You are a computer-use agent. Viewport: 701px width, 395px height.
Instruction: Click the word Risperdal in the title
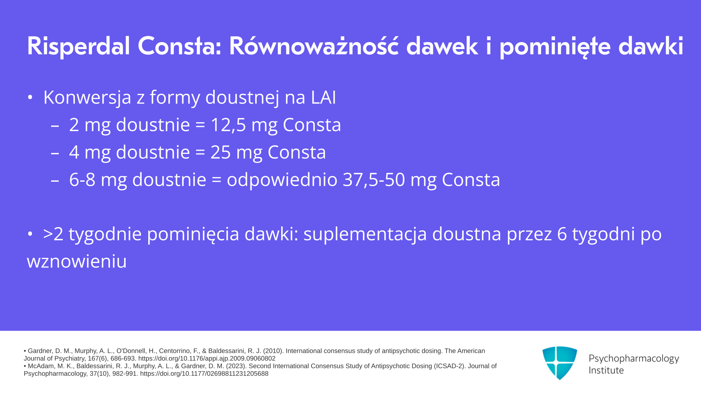click(78, 46)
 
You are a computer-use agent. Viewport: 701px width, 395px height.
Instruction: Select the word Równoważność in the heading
click(314, 46)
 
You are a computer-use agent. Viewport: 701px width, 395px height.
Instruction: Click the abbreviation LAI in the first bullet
click(323, 97)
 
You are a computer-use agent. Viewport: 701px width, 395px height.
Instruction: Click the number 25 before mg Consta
click(221, 152)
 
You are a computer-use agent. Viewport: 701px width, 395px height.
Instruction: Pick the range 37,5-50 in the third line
click(374, 180)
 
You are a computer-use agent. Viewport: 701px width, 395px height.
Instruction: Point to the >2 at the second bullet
click(53, 234)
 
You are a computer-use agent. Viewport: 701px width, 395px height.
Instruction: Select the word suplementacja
click(365, 234)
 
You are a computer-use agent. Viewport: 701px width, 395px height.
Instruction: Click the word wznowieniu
click(77, 262)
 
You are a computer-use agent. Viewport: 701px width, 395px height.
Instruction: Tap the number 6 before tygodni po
click(562, 234)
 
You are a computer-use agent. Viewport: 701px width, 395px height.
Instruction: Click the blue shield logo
click(559, 363)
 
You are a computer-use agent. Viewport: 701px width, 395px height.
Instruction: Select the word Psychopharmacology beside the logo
click(634, 359)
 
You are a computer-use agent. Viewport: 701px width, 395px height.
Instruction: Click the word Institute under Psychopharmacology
click(606, 370)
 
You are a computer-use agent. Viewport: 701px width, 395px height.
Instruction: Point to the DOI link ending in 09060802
click(207, 359)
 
